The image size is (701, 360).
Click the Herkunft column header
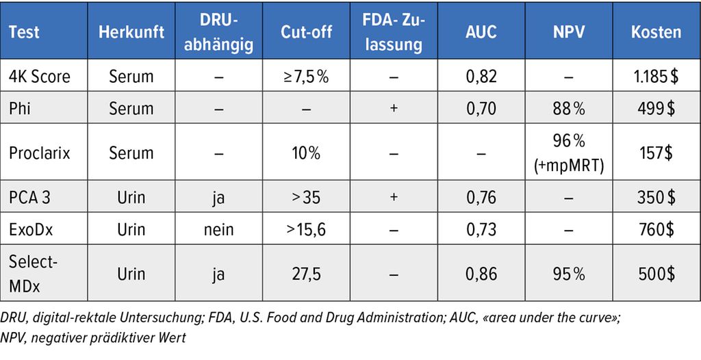coord(131,32)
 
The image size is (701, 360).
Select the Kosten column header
coord(656,32)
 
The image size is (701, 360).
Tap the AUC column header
coord(481,32)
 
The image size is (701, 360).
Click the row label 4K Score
coord(40,76)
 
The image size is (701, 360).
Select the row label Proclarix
coord(40,153)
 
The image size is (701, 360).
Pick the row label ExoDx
coord(32,229)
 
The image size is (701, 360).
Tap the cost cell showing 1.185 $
coord(656,76)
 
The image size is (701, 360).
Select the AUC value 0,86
coord(481,274)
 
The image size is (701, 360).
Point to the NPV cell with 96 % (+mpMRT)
coord(569,153)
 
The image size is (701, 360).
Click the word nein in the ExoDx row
coord(218,229)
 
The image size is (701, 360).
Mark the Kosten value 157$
coord(656,153)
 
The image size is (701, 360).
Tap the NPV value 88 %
coord(569,108)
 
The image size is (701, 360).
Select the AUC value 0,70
coord(481,108)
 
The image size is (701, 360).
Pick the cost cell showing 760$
coord(656,229)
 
